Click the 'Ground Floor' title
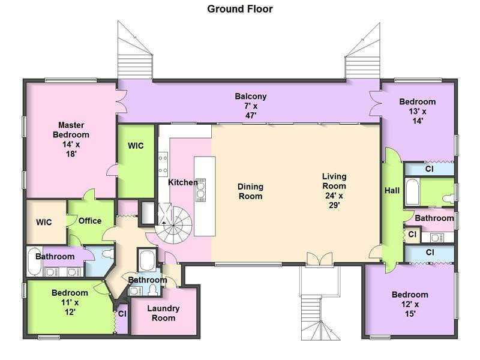[x=239, y=9]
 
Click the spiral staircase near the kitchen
[x=173, y=224]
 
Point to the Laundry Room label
[x=163, y=313]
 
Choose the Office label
[x=90, y=221]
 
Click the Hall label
[x=392, y=190]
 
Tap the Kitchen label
[x=183, y=182]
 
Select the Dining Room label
[x=250, y=191]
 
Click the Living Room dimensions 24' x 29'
[x=334, y=200]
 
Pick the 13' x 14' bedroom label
[x=418, y=111]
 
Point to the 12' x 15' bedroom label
[x=410, y=304]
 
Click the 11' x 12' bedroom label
[x=70, y=302]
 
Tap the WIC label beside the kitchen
[x=136, y=146]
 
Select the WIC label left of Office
[x=44, y=222]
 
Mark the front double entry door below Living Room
[x=319, y=259]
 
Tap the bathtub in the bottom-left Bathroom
[x=34, y=262]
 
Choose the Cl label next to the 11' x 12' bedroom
[x=122, y=314]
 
